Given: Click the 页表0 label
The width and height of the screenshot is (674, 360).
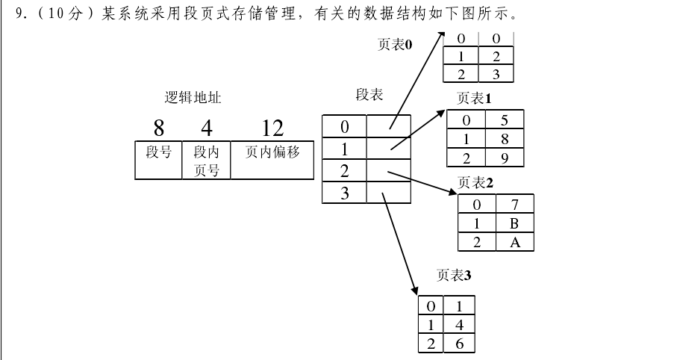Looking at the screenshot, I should [x=395, y=45].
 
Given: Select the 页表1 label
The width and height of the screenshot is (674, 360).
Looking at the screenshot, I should [x=474, y=98].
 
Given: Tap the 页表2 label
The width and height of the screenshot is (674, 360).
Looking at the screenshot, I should [x=475, y=182].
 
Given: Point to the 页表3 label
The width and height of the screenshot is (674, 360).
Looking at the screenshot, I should [x=454, y=276].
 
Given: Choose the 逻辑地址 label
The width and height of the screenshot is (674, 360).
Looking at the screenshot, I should [x=193, y=98].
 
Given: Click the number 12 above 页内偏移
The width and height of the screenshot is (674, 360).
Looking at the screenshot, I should [x=272, y=128].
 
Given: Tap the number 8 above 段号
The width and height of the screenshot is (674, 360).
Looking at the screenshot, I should [x=158, y=128].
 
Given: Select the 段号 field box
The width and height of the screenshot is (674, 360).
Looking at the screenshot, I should [x=158, y=159].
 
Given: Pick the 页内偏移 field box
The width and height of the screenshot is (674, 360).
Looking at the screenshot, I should [x=272, y=159].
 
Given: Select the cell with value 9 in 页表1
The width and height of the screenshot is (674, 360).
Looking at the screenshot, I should [x=505, y=158].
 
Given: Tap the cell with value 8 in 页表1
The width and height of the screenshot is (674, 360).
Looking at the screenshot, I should [x=505, y=138].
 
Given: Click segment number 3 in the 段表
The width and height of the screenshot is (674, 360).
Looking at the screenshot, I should [x=344, y=193].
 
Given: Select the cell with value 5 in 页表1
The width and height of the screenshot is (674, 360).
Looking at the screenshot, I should [x=505, y=120].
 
